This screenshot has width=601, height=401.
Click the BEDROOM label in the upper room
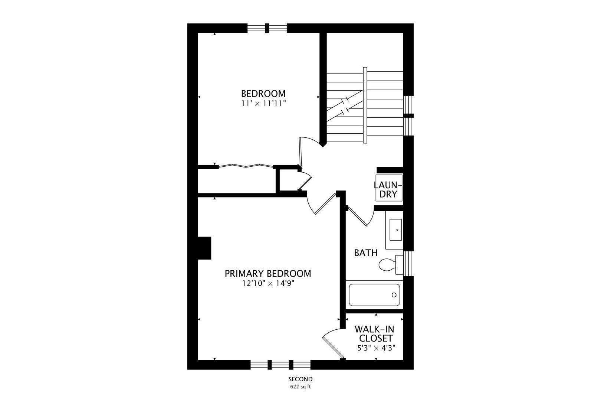[263, 93]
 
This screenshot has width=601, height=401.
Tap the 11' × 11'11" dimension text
[263, 104]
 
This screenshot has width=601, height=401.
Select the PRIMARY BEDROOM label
[268, 274]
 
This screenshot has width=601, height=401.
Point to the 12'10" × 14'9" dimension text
[268, 284]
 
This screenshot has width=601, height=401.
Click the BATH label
[366, 253]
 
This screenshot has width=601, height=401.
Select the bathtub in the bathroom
[375, 295]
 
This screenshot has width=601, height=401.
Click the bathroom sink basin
[395, 230]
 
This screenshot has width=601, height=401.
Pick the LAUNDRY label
[388, 189]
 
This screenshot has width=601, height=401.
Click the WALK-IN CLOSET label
[374, 334]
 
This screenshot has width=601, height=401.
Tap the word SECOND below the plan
[300, 379]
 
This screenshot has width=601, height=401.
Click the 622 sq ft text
[300, 387]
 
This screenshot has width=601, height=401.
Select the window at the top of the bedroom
[267, 28]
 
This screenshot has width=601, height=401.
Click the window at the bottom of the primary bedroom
[280, 365]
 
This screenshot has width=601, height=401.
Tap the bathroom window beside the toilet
[408, 263]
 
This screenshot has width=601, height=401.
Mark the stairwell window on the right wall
[408, 115]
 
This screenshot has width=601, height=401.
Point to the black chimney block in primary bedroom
[204, 248]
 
